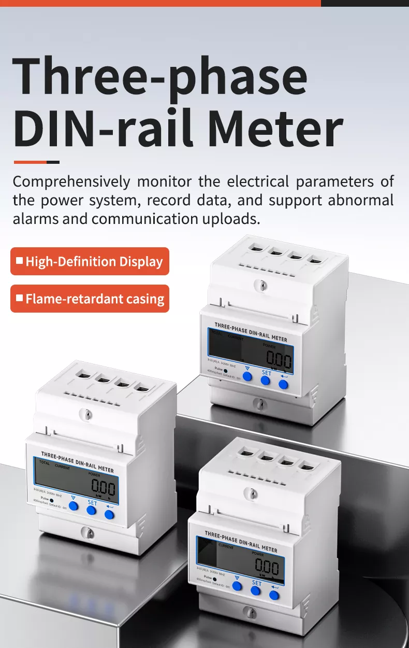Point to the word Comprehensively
point(71,182)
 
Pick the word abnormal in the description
point(361,200)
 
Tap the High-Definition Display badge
point(90,261)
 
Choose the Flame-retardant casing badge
point(90,299)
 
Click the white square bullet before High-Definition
point(20,261)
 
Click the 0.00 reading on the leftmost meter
point(104,487)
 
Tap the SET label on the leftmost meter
point(92,503)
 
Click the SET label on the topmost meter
point(266,373)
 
